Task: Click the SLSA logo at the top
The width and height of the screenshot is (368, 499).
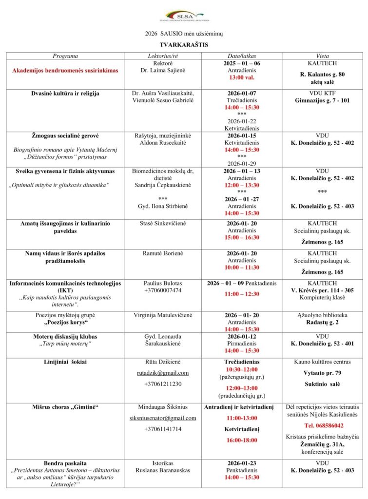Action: pyautogui.click(x=184, y=16)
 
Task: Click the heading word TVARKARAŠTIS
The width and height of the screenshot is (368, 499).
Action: pyautogui.click(x=184, y=44)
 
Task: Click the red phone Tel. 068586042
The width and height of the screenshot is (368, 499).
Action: pyautogui.click(x=322, y=425)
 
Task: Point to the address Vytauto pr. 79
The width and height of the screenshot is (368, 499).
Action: pyautogui.click(x=322, y=373)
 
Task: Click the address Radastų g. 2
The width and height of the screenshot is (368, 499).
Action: pyautogui.click(x=322, y=322)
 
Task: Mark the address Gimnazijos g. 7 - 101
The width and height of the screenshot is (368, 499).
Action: pyautogui.click(x=322, y=100)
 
